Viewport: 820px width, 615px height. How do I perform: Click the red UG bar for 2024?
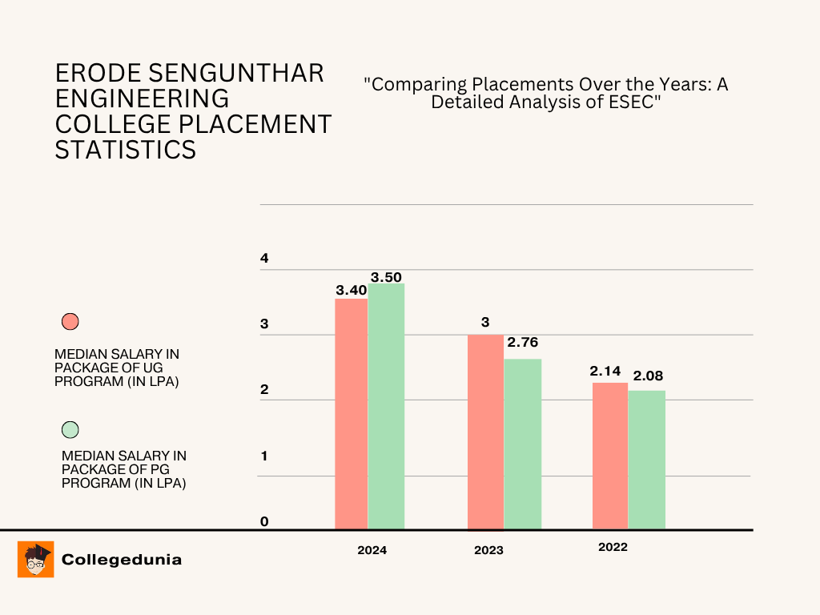[351, 413]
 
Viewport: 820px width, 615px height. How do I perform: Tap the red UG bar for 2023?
[485, 431]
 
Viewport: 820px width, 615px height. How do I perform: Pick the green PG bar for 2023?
[523, 443]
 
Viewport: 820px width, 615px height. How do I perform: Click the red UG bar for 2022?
[610, 455]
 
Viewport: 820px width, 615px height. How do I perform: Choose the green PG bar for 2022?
[647, 459]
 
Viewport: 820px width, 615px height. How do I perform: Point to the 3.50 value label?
[386, 277]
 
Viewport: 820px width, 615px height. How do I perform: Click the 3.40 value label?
[351, 290]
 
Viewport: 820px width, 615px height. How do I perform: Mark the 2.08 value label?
[648, 376]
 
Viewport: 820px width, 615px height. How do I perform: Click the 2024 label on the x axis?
[372, 550]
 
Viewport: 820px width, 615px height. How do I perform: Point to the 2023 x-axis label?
[488, 550]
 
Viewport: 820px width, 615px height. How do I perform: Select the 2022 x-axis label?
[613, 548]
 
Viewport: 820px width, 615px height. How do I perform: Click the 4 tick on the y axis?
[264, 259]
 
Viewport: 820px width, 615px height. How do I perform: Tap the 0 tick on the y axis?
[264, 522]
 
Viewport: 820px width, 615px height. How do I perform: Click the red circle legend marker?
[70, 322]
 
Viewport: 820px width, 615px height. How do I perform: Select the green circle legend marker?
[70, 429]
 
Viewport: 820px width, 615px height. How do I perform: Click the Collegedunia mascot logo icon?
[35, 560]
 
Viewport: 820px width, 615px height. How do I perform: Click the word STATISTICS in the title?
[126, 150]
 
